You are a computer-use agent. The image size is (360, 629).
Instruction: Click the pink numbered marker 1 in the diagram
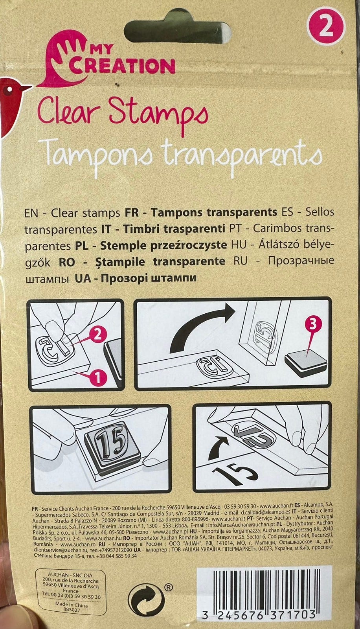point(98,378)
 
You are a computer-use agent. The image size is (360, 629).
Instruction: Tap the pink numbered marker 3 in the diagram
point(312,325)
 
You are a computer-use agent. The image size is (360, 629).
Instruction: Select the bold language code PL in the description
point(82,246)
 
